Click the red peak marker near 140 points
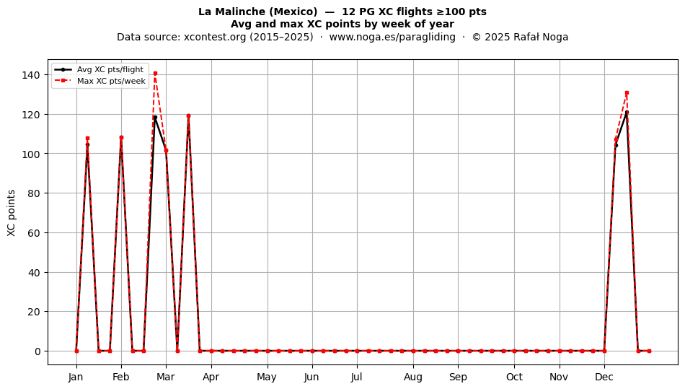[x=155, y=74]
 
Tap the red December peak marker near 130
[x=627, y=92]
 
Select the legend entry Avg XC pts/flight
[x=110, y=69]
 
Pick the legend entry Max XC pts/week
[x=111, y=81]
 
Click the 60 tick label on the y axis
[x=33, y=233]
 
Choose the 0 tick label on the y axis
[x=38, y=351]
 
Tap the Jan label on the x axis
[x=76, y=377]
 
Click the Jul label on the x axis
[x=357, y=377]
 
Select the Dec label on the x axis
[x=604, y=377]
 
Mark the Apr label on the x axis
[x=211, y=377]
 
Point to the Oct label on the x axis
[x=514, y=377]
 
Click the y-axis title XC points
[x=12, y=213]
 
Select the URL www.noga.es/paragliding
[x=392, y=37]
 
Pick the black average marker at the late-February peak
[x=155, y=117]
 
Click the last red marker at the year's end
[x=649, y=351]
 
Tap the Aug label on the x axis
[x=413, y=377]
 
